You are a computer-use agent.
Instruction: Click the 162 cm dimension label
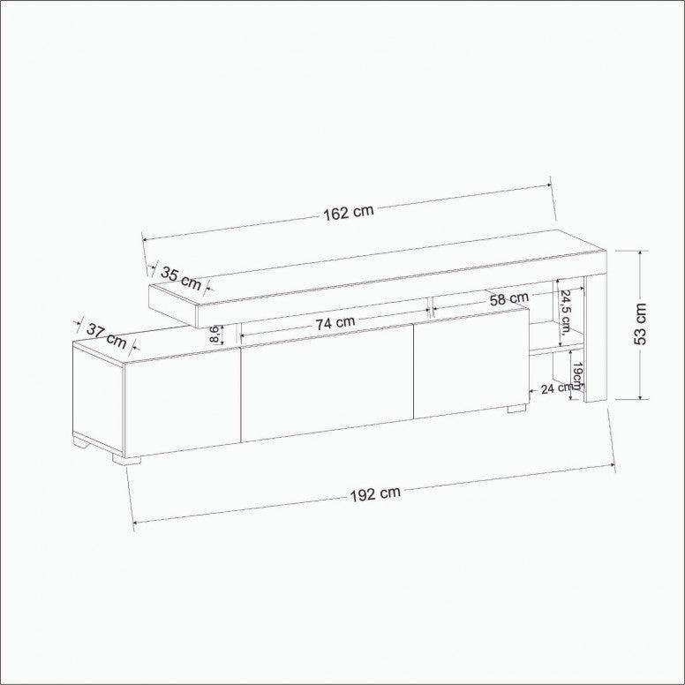[x=349, y=213]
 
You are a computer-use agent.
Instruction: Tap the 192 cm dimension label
[x=375, y=493]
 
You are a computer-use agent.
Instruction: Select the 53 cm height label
[x=640, y=324]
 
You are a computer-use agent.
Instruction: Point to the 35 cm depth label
[x=181, y=278]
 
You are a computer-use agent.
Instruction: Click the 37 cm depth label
[x=106, y=335]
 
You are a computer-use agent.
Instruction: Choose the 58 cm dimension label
[x=509, y=299]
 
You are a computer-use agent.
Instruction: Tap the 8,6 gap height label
[x=215, y=335]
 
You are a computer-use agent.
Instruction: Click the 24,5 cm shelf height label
[x=566, y=312]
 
